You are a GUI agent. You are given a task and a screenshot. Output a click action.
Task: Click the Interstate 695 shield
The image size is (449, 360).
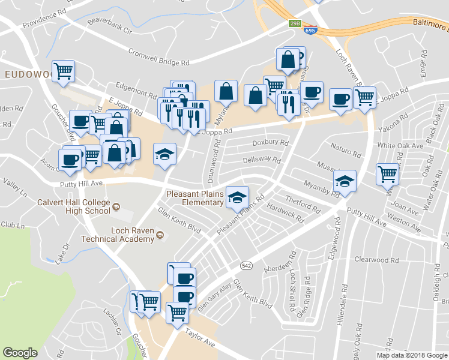click(310, 29)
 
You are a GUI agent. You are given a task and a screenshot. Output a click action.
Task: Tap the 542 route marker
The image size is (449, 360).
click(246, 265)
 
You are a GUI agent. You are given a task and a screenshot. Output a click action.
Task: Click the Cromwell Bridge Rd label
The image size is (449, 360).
click(158, 58)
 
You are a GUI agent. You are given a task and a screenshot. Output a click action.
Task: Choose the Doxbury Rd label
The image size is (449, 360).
click(270, 143)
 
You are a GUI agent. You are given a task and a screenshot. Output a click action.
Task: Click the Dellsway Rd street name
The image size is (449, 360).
click(261, 160)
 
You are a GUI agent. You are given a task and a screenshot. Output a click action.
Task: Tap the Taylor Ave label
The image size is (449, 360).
click(200, 341)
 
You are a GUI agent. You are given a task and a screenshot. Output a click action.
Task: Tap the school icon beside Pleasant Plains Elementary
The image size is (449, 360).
click(237, 196)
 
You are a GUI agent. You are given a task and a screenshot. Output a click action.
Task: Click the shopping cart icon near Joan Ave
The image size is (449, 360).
click(387, 174)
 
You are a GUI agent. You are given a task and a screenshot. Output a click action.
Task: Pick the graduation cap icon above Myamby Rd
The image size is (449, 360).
click(345, 180)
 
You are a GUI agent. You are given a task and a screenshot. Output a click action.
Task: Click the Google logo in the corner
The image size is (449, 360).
click(20, 353)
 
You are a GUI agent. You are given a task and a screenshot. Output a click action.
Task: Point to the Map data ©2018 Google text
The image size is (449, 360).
click(412, 355)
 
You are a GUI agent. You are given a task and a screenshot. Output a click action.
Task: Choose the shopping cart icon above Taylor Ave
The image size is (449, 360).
click(177, 311)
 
